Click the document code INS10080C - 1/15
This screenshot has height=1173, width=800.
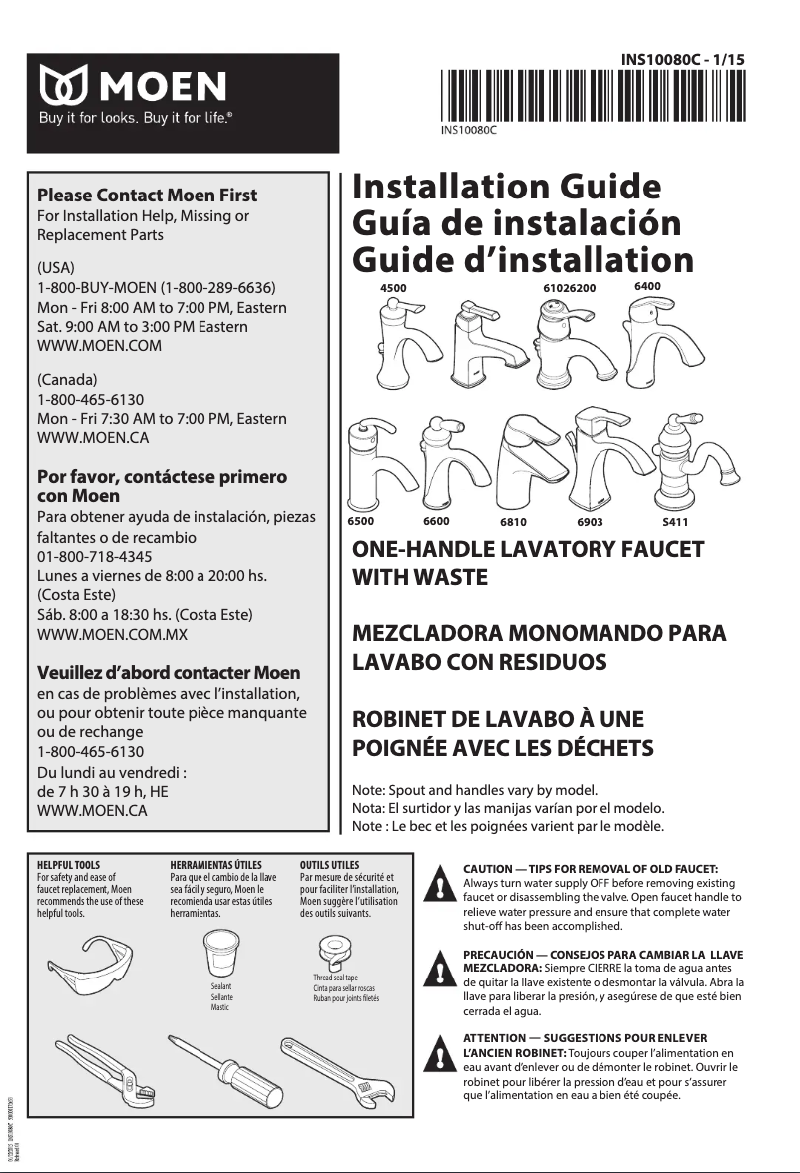pos(682,60)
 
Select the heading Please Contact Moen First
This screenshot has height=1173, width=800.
pos(147,195)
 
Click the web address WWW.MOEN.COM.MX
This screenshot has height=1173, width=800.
pos(112,634)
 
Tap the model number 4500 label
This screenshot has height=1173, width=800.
pos(394,287)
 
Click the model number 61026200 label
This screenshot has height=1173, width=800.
pos(569,288)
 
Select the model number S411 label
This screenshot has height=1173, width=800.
pos(675,522)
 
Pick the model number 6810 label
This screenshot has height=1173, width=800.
pos(513,522)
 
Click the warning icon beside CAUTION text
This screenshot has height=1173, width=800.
pos(436,884)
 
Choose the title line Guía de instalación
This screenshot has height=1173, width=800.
pos(517,222)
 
